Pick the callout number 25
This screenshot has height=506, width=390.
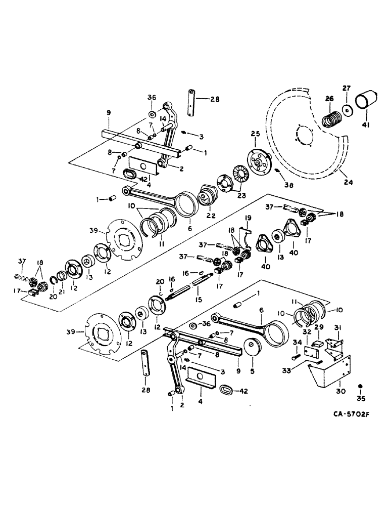255,135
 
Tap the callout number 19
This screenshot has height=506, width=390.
248,218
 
